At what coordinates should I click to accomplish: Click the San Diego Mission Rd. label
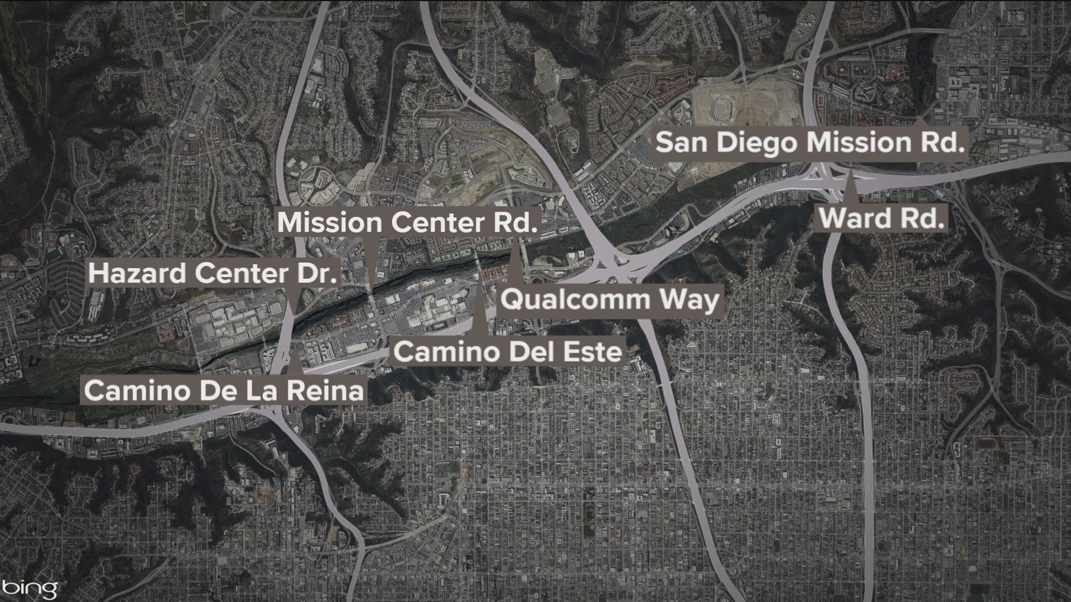pyautogui.click(x=810, y=143)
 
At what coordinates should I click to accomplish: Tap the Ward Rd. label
pyautogui.click(x=881, y=217)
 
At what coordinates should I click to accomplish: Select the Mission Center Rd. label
pyautogui.click(x=407, y=222)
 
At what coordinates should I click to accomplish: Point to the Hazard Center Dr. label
pyautogui.click(x=213, y=274)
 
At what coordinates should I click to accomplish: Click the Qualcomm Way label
pyautogui.click(x=610, y=300)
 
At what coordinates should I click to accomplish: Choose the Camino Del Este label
pyautogui.click(x=508, y=352)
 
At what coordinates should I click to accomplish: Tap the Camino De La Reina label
pyautogui.click(x=224, y=390)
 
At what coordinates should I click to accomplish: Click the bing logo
pyautogui.click(x=31, y=588)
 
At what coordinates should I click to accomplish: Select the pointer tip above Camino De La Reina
pyautogui.click(x=294, y=350)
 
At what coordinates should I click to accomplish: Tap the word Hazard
pyautogui.click(x=137, y=274)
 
